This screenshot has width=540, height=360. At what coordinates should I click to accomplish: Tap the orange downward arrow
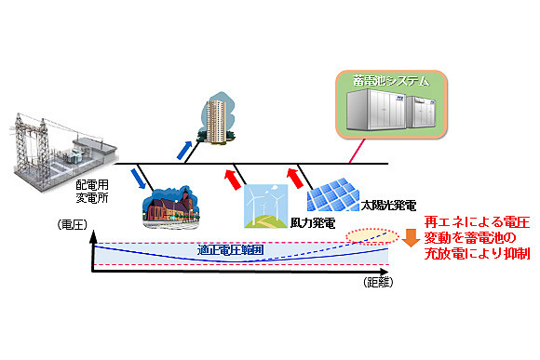tap(412, 238)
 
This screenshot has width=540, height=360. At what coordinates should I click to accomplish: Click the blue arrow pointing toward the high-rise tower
tap(187, 149)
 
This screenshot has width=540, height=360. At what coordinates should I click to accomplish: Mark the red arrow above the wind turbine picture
tap(230, 176)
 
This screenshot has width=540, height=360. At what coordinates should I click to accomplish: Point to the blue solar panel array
tap(338, 189)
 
